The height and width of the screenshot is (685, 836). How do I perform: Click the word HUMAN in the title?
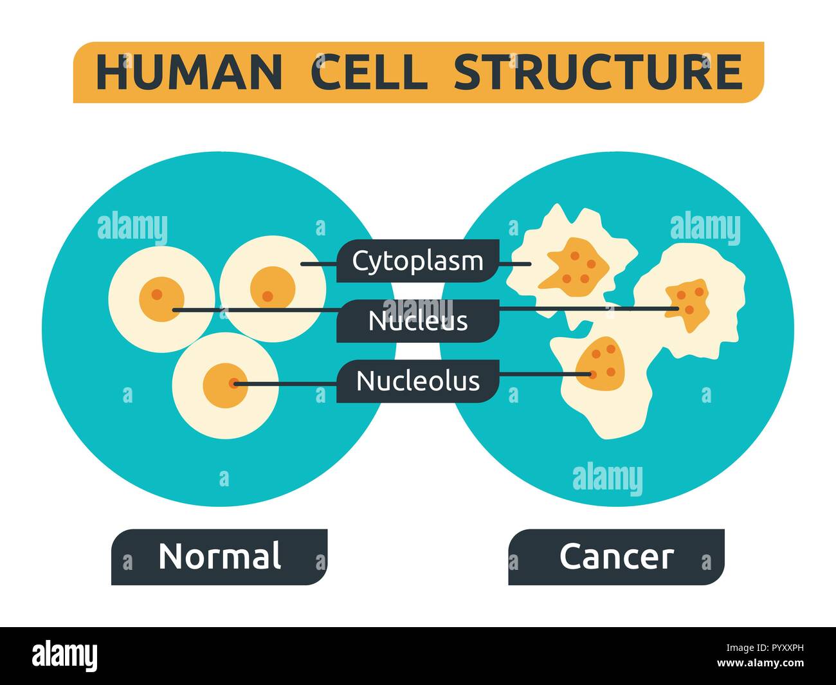coord(188,72)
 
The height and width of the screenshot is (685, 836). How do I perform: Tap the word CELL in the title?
coord(369,72)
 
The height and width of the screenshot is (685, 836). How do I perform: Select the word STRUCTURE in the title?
coord(598,72)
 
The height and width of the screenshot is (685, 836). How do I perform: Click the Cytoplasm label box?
coord(417,261)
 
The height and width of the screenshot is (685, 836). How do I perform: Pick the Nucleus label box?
coord(417,320)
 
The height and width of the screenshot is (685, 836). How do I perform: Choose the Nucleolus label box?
coord(417,381)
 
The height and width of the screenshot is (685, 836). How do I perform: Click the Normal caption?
coord(219,556)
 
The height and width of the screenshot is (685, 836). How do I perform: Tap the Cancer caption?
coord(616,556)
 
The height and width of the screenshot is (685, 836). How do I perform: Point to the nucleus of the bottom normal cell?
coord(224,385)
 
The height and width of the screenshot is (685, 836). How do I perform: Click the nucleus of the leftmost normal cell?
coord(161,299)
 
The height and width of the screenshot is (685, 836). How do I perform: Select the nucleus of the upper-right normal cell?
coord(273,288)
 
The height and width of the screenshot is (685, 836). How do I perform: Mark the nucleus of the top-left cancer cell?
coord(574,264)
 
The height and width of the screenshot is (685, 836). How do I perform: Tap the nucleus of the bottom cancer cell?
coord(599,363)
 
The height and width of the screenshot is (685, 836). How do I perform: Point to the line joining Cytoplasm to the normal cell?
coord(319,264)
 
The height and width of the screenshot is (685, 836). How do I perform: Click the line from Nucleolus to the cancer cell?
coord(540,374)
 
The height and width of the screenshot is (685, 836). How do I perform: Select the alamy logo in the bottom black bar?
coord(65,656)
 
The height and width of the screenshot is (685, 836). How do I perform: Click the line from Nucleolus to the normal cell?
coord(286,384)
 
